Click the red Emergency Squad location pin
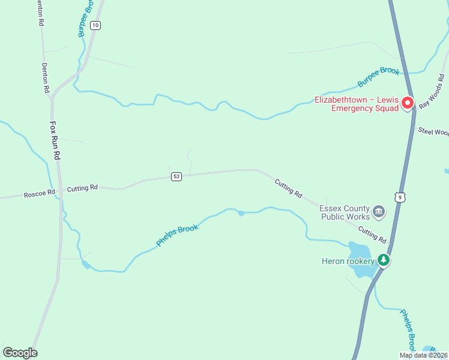pos(408,103)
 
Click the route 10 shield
pos(96,25)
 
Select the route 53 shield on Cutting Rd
pos(176,176)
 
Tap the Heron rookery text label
pos(348,261)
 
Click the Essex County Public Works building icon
pos(379,211)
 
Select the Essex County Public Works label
pos(345,212)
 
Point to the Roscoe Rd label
pos(39,194)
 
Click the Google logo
pos(20,353)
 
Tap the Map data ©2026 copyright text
pos(424,355)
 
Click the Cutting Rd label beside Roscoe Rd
pos(82,188)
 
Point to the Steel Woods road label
pos(433,131)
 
